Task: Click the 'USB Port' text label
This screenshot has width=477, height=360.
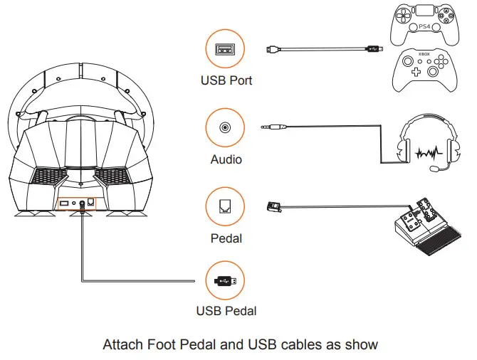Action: pos(226,80)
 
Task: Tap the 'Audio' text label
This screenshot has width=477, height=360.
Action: pos(226,159)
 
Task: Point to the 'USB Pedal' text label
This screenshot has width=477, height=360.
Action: pos(226,311)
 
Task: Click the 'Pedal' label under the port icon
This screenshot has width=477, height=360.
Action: pos(226,237)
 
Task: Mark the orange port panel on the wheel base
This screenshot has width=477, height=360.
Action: pos(76,203)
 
